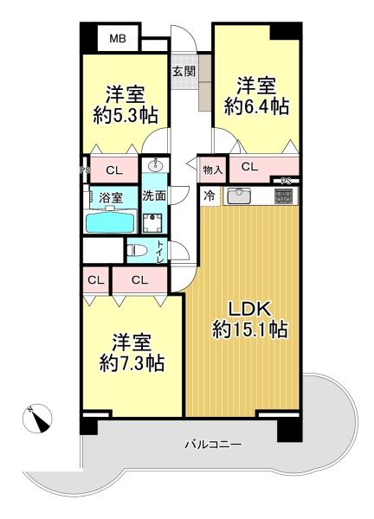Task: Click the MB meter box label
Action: (x=118, y=39)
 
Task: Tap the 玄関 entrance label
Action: (x=184, y=71)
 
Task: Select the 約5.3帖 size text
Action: (x=125, y=116)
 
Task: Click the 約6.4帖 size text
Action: (x=256, y=106)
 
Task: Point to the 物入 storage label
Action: (x=213, y=170)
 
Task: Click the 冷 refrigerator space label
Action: (x=209, y=195)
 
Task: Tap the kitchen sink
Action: (x=237, y=195)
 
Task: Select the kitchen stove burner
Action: (x=283, y=195)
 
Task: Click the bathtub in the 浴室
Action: (x=111, y=221)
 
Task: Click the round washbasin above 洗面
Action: (x=154, y=165)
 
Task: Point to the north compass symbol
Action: (x=37, y=419)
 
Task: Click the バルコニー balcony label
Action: (x=213, y=444)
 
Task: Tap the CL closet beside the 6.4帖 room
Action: (x=249, y=167)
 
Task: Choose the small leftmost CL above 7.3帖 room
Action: (x=96, y=280)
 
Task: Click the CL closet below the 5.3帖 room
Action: (x=114, y=170)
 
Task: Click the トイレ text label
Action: (x=160, y=252)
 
